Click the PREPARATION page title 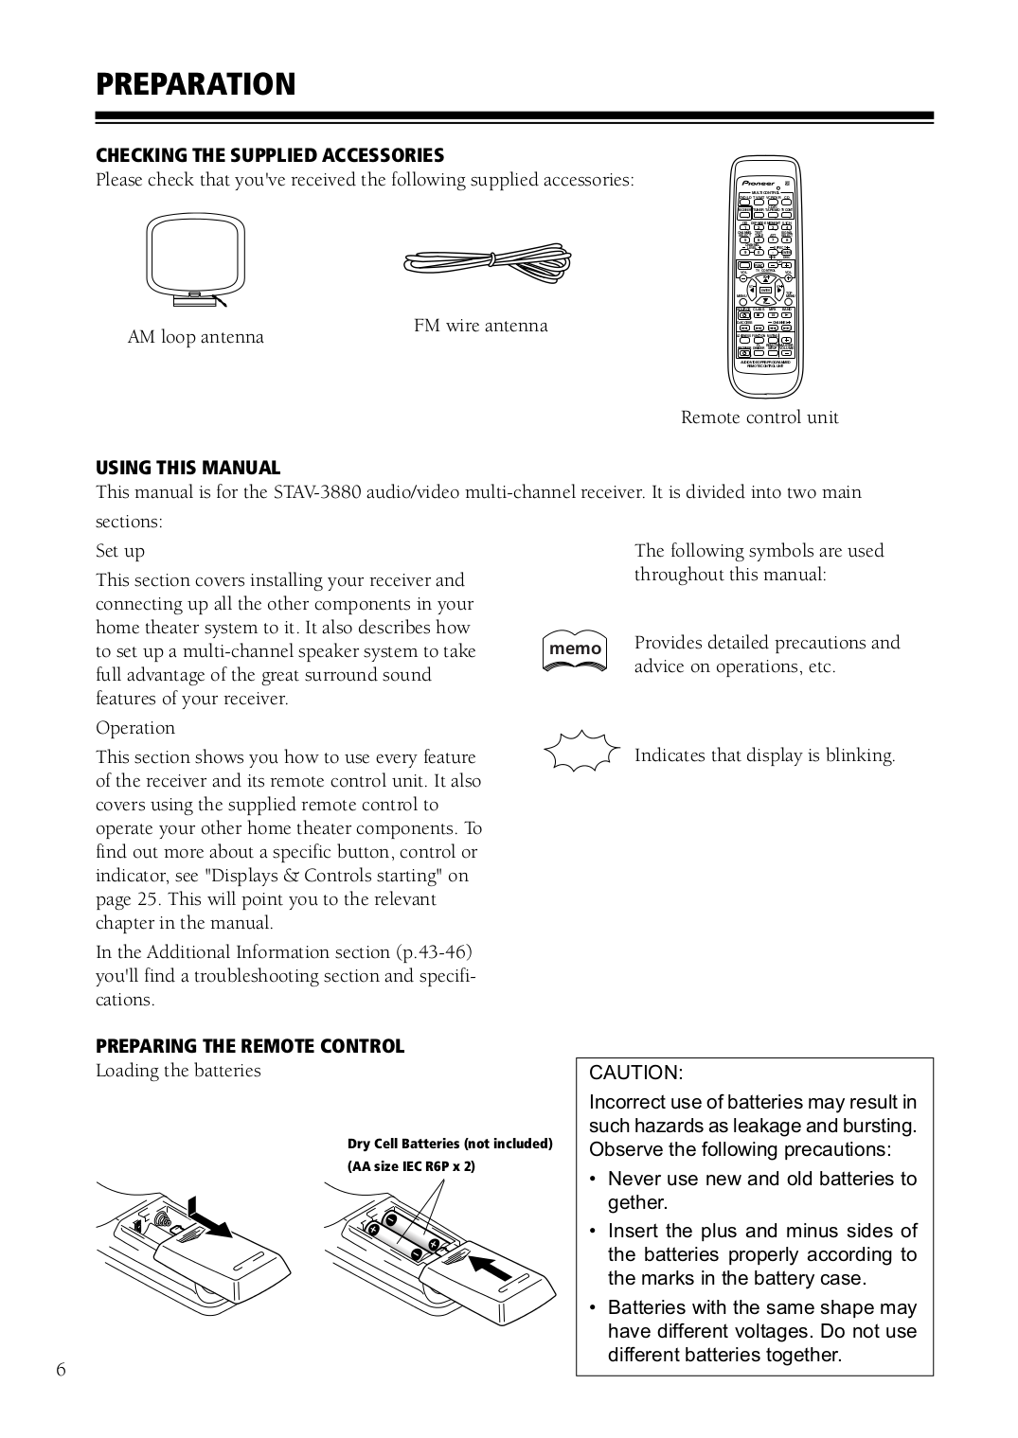point(195,84)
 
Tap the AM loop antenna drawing point(196,260)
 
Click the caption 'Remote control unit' point(759,417)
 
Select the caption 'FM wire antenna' point(480,326)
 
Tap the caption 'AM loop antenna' point(196,337)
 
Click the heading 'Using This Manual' point(188,468)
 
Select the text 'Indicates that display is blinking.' point(764,755)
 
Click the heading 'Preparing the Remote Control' point(250,1046)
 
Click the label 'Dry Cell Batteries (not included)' point(450,1144)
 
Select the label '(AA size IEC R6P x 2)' point(411,1166)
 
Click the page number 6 point(62,1371)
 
